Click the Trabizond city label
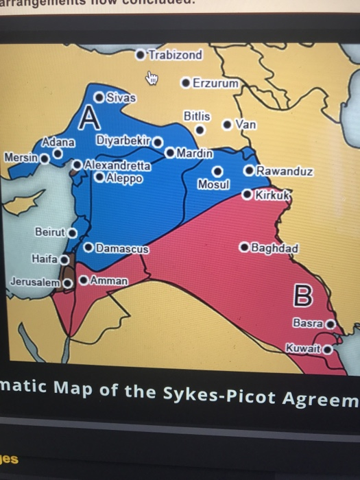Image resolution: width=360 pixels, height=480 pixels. coord(176,54)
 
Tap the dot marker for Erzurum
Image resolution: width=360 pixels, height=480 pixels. coord(185,83)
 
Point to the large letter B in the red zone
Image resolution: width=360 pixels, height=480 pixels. coord(303,297)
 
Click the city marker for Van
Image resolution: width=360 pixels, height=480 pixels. coord(227,125)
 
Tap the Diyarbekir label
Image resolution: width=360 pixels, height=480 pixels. coord(123,141)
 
